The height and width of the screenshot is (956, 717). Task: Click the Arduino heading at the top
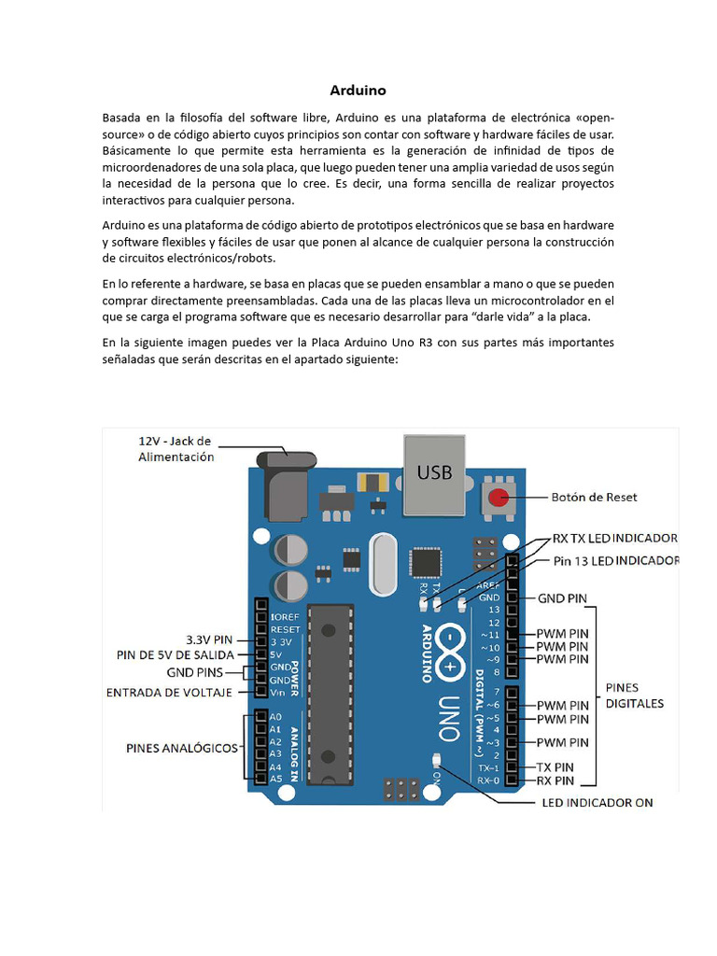pos(358,91)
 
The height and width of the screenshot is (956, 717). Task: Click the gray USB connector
pos(434,474)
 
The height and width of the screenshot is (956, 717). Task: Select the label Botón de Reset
pos(594,497)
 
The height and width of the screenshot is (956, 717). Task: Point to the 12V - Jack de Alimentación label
pos(176,448)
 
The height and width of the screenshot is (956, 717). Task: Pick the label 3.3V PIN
pos(209,640)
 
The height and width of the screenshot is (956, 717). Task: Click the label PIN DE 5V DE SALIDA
pos(176,654)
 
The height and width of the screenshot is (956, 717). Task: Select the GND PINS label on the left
pos(195,671)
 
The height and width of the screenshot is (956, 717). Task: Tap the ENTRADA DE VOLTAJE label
pos(169,693)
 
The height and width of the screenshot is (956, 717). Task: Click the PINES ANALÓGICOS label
pos(182,748)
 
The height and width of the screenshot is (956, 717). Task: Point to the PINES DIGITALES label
pos(635,695)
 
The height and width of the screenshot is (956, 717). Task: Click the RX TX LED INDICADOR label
pos(614,539)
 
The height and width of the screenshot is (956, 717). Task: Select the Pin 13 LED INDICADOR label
pos(616,560)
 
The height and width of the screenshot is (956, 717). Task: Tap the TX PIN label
pos(562,766)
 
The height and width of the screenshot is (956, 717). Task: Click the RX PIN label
pos(562,780)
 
